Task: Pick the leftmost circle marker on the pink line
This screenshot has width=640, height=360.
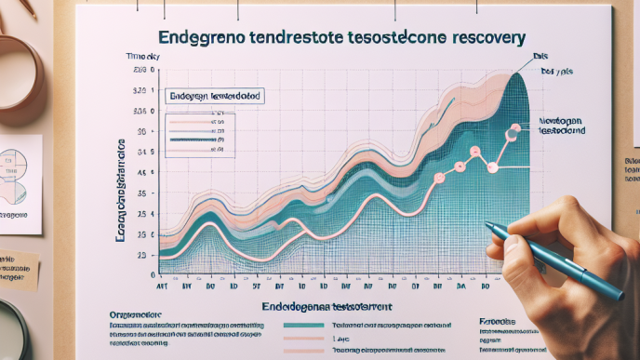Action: pyautogui.click(x=439, y=177)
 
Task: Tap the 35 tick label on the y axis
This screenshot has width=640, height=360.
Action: pyautogui.click(x=141, y=193)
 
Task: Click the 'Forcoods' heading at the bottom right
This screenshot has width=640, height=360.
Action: pyautogui.click(x=499, y=319)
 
